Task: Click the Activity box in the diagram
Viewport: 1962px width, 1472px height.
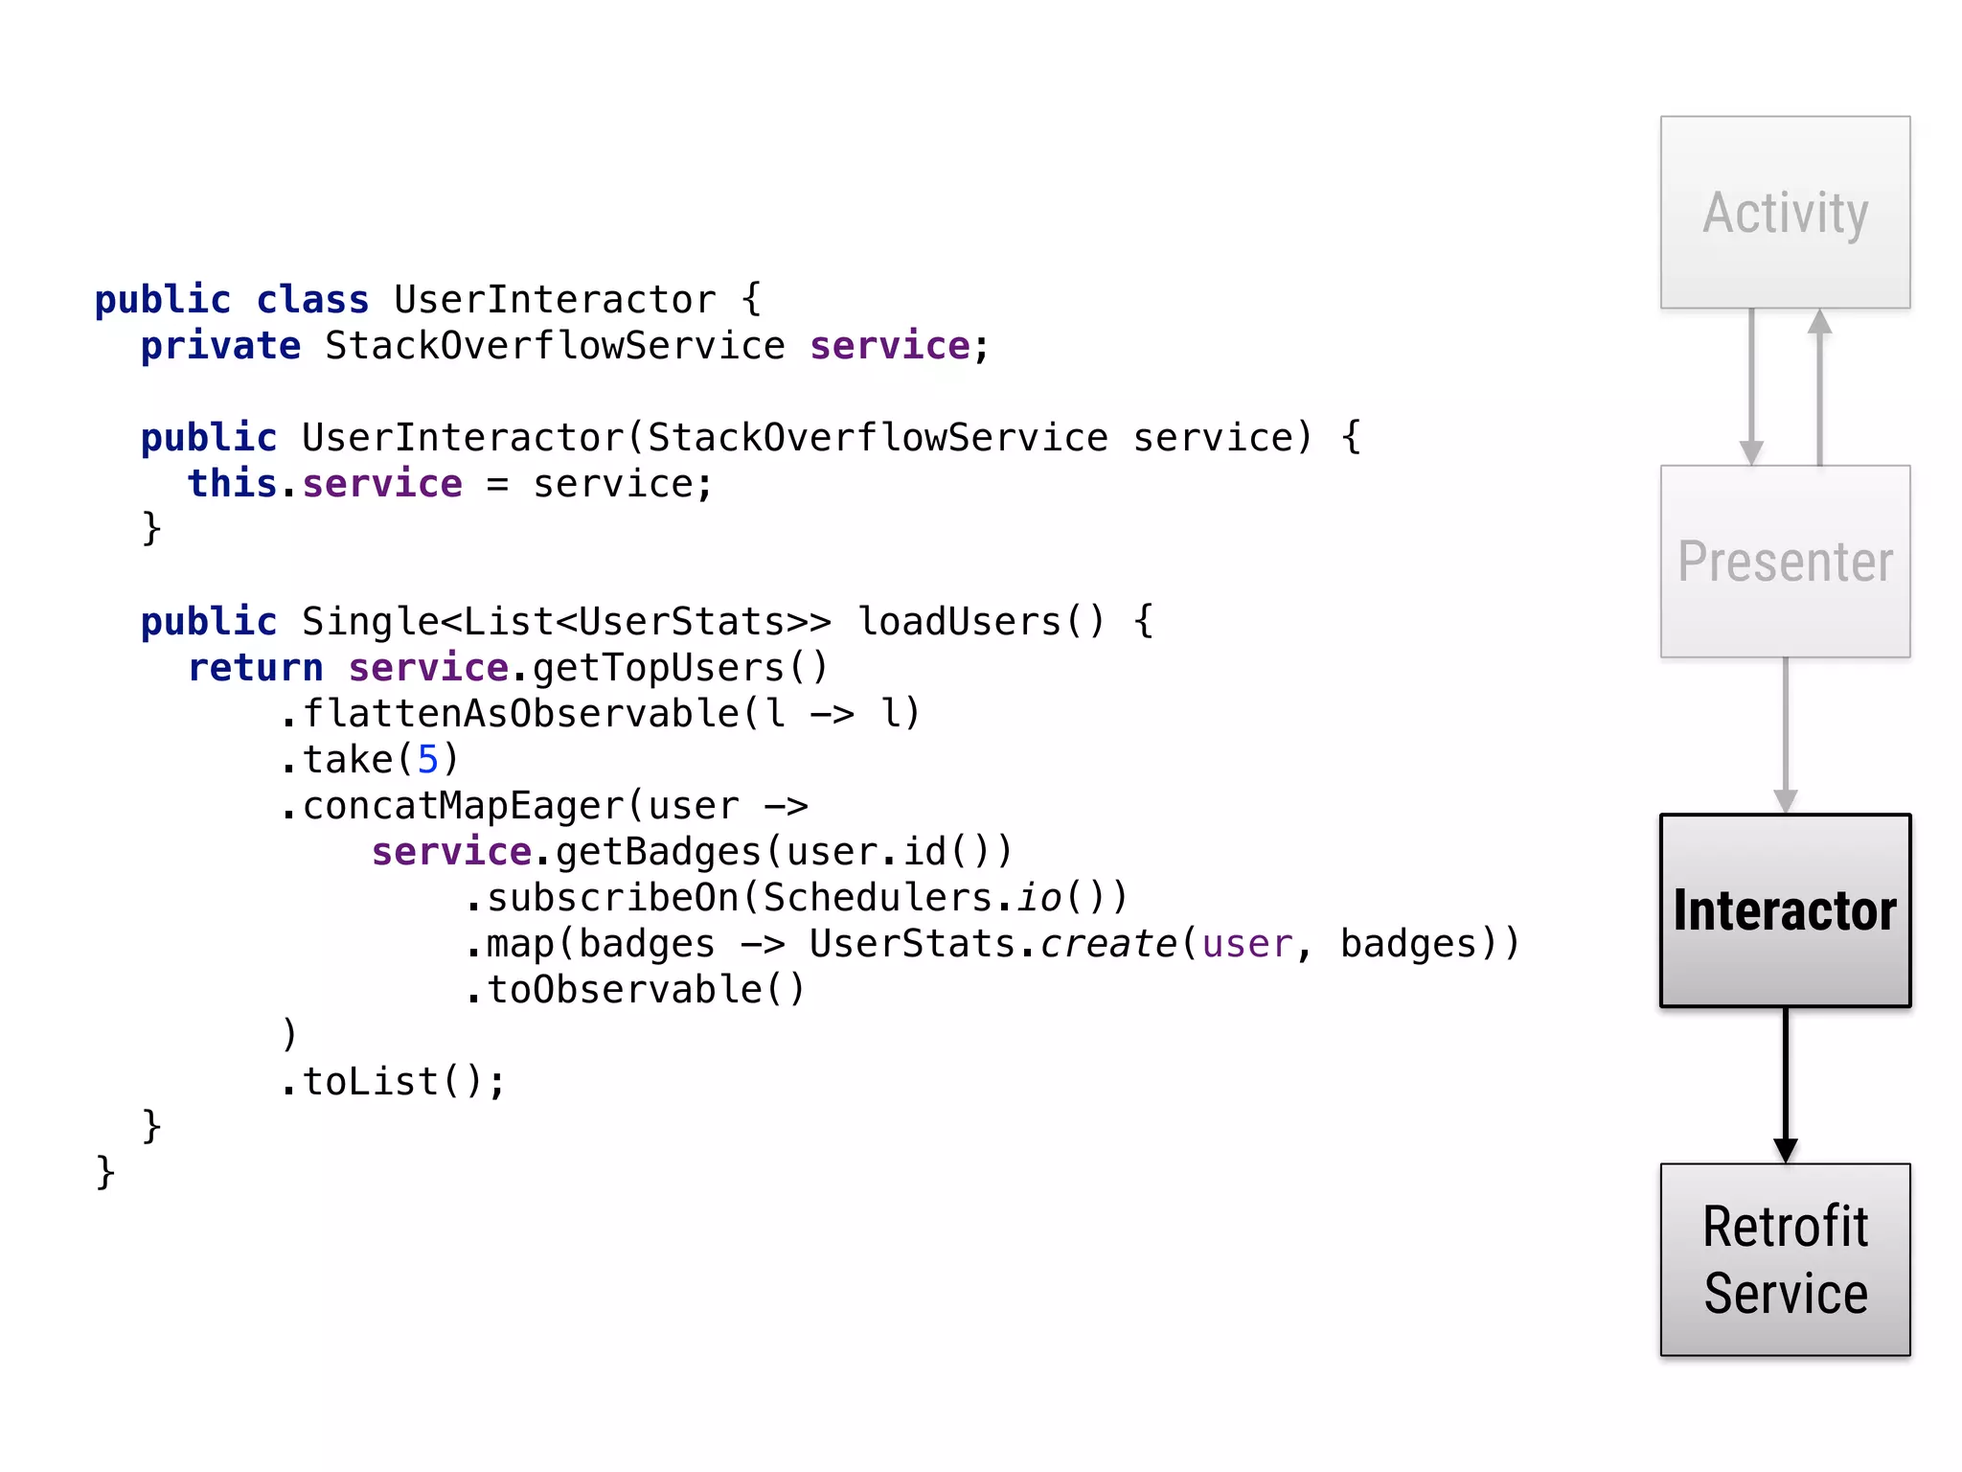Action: (x=1785, y=212)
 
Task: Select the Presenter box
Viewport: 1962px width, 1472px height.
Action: (x=1785, y=562)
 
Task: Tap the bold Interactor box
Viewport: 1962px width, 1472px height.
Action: (x=1785, y=910)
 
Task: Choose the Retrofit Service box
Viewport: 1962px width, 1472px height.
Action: (x=1785, y=1259)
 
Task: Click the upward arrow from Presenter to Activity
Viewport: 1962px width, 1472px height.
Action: (x=1819, y=387)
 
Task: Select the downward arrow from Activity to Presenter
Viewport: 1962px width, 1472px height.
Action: (x=1751, y=387)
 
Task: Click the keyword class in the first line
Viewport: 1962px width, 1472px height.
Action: (x=312, y=300)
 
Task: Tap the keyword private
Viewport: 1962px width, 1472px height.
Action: (x=220, y=346)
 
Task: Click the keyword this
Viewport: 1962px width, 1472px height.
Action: (x=232, y=484)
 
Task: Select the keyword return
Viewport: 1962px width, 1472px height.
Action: (x=256, y=668)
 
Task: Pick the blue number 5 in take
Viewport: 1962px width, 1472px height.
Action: (x=427, y=760)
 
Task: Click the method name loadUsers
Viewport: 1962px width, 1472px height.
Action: (x=958, y=622)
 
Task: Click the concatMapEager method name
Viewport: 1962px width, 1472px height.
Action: (x=463, y=806)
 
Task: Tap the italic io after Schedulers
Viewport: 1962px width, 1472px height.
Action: (x=1039, y=898)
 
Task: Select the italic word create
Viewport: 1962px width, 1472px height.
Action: (x=1108, y=944)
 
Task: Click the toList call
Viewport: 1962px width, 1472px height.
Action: (x=371, y=1082)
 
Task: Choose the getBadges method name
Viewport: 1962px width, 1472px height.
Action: (x=658, y=852)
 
